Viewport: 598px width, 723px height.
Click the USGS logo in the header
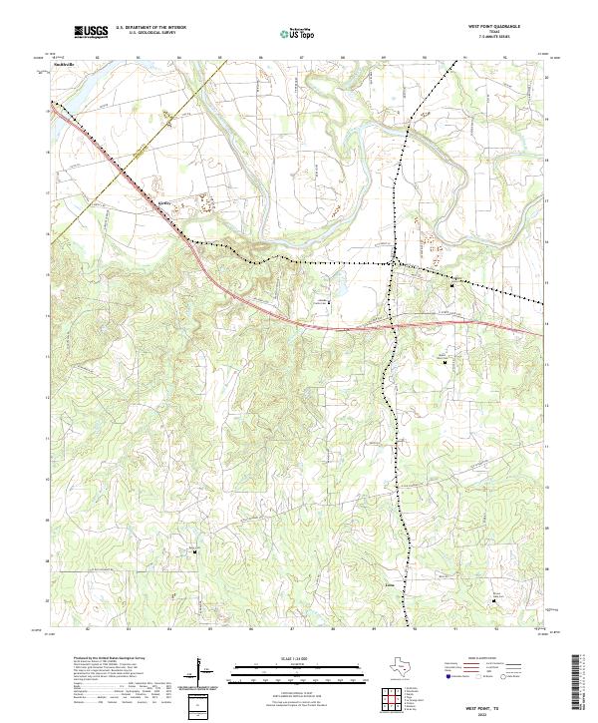91,32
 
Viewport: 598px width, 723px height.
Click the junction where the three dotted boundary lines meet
394,261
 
